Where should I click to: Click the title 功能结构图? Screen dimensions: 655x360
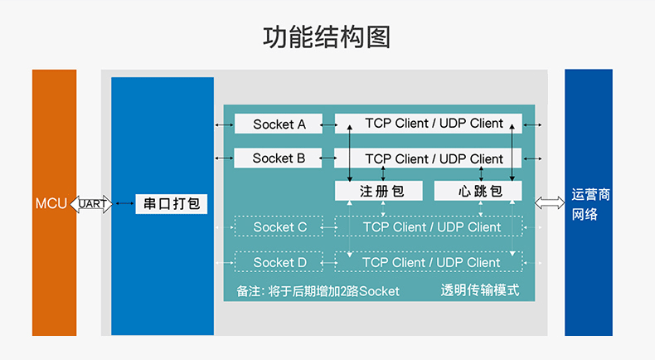click(x=327, y=36)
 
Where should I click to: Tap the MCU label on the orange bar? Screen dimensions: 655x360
click(x=51, y=203)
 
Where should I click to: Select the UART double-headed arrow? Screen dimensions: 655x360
click(x=91, y=204)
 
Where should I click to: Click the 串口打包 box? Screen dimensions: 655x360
click(x=172, y=204)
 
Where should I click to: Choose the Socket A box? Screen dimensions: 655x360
click(x=279, y=124)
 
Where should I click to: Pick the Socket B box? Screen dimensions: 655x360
click(x=279, y=158)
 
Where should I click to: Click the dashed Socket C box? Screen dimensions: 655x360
click(x=279, y=226)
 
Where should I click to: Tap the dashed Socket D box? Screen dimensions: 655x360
click(x=279, y=262)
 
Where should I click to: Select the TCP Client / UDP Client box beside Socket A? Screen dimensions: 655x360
click(x=429, y=124)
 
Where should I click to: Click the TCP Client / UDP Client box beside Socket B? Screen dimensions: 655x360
click(x=429, y=158)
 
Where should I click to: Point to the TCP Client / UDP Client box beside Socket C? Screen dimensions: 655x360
click(x=429, y=226)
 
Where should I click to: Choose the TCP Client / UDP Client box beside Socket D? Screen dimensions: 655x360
click(x=429, y=262)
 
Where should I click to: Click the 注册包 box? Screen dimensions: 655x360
click(x=379, y=191)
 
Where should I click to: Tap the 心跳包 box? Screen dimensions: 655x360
click(x=478, y=191)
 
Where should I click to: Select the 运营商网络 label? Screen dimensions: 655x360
click(x=590, y=204)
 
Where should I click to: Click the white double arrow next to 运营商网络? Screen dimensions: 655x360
click(x=550, y=203)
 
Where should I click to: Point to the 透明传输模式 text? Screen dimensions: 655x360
click(x=480, y=289)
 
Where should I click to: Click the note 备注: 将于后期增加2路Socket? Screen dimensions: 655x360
click(x=318, y=291)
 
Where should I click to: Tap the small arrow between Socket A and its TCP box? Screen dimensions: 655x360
click(x=329, y=124)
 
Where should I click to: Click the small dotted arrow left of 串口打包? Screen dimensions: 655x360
click(x=124, y=203)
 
